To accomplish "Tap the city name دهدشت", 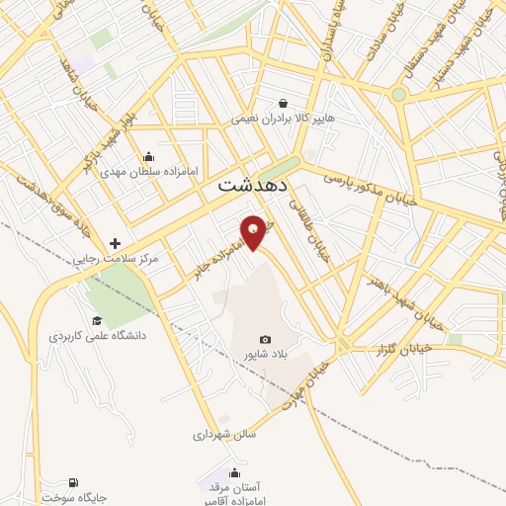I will [x=253, y=185].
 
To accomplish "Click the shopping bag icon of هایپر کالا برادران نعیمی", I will [x=284, y=103].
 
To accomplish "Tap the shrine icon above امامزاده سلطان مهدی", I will [x=148, y=155].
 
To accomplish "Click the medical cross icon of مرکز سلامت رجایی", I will [x=116, y=243].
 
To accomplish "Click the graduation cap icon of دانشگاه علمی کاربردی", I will [x=97, y=320].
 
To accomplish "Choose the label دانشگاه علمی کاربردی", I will [x=98, y=336].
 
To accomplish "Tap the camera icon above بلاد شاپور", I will [x=265, y=339].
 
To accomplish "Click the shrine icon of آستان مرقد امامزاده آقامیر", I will [x=234, y=472].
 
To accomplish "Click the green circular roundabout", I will [x=398, y=95].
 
